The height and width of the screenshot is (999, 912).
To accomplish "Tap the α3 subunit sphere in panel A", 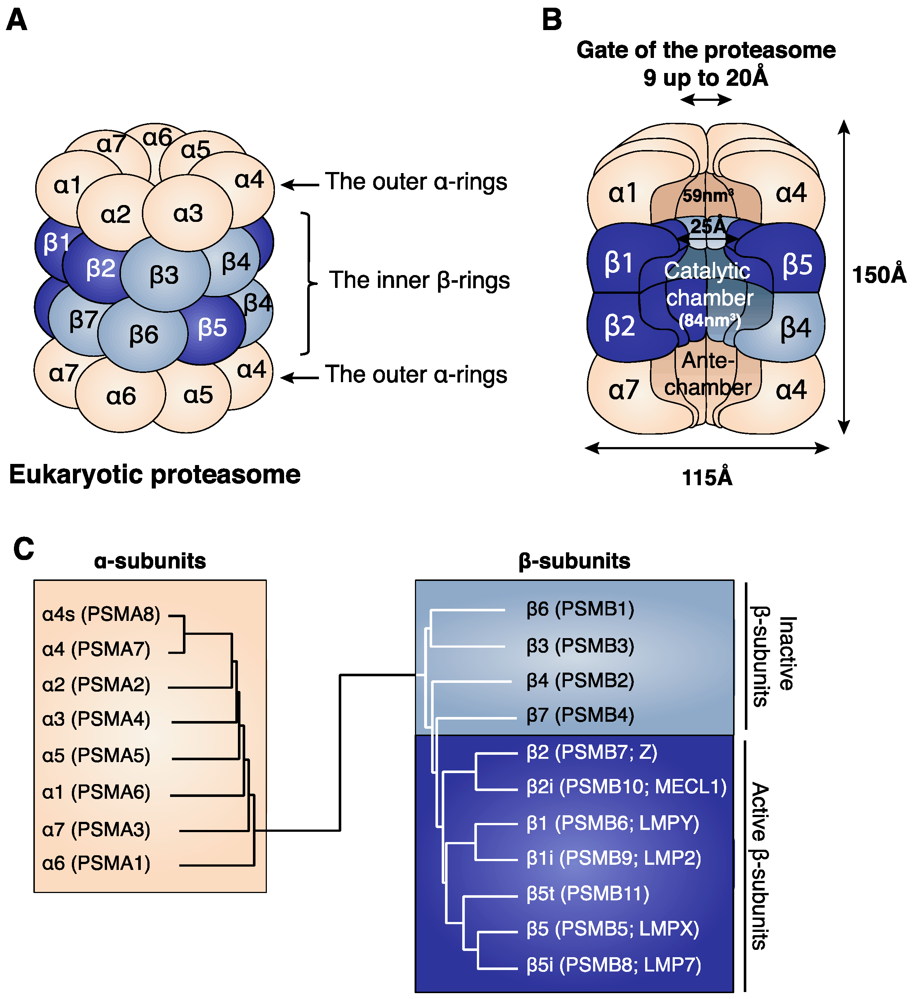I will coord(188,213).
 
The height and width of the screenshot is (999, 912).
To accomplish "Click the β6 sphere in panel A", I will coord(143,334).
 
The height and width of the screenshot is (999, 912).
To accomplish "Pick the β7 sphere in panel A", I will coord(83,320).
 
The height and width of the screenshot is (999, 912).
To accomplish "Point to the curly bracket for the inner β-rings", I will coord(309,283).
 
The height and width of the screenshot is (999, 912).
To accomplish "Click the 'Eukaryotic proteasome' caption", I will coord(155,475).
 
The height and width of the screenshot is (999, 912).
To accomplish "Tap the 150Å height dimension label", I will coord(878,275).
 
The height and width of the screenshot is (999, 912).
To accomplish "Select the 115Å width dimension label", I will coord(707,478).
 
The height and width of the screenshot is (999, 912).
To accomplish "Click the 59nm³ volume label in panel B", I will coord(707,196).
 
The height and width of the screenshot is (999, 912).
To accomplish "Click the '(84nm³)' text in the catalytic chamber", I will coord(709,321).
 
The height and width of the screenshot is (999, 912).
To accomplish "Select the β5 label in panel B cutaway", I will coord(797,265).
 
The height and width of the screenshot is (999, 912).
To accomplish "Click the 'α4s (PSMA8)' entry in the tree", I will coord(101,614).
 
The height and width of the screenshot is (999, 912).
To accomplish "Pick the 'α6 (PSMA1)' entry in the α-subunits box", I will coord(96,863).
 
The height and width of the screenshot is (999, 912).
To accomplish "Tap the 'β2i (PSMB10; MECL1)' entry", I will coord(626,787).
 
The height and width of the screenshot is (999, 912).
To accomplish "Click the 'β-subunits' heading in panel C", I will coord(574,561).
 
